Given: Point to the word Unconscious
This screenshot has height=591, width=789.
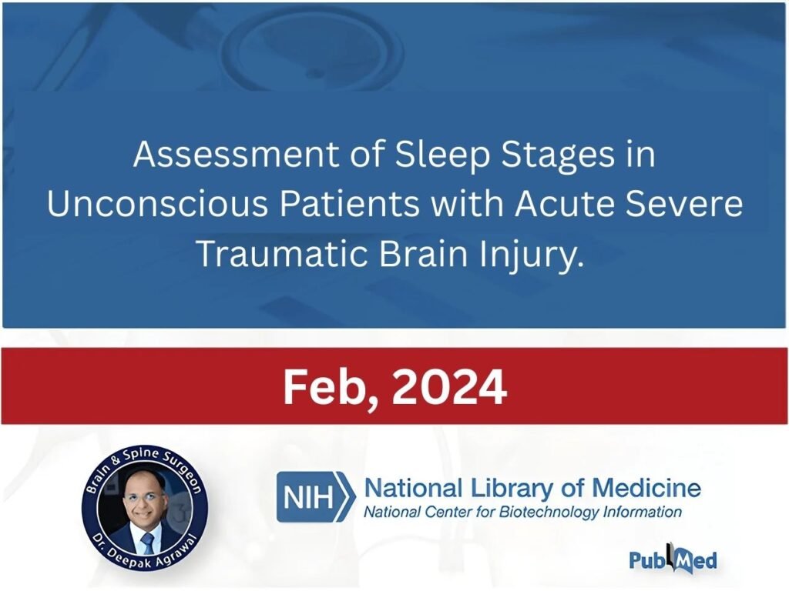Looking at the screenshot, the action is click(x=157, y=203).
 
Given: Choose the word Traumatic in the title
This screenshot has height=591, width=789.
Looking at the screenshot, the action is click(x=284, y=252).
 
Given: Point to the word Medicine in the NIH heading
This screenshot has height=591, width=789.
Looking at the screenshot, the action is click(x=646, y=487).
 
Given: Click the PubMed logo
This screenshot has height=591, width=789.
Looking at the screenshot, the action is click(x=673, y=559).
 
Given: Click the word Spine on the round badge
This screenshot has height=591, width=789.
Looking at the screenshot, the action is click(x=143, y=457).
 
